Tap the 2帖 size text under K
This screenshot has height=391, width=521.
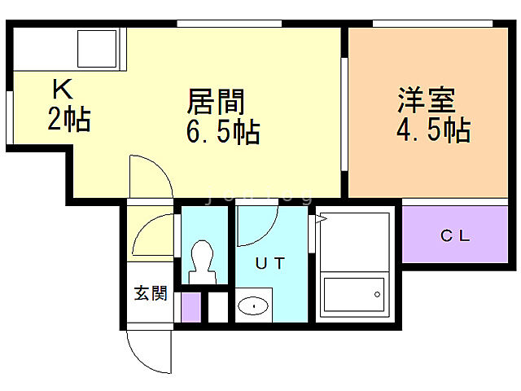click(x=68, y=121)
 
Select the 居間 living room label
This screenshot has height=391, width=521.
click(x=217, y=103)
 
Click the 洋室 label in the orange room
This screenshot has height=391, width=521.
click(x=426, y=103)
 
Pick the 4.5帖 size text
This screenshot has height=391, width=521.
click(x=432, y=130)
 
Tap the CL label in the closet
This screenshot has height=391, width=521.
click(x=455, y=237)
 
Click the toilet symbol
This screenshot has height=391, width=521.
click(x=201, y=261)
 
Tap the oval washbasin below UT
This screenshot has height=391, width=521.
click(x=255, y=306)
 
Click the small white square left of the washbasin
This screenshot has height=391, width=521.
click(x=217, y=306)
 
